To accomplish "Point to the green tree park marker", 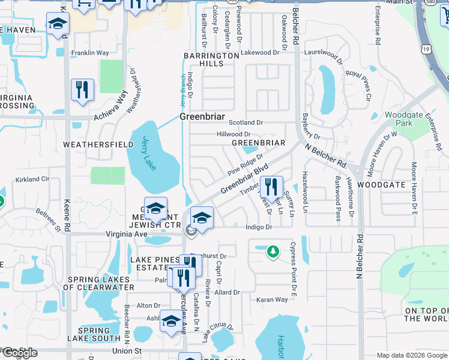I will tap(273, 251).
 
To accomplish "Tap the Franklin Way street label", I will tap(90, 53).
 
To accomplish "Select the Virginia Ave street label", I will tap(127, 234).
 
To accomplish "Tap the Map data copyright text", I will tap(411, 355).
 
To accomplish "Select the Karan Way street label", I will tap(272, 299).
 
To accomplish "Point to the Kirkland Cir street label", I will tap(32, 179).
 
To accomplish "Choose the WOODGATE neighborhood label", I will tap(381, 185).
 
